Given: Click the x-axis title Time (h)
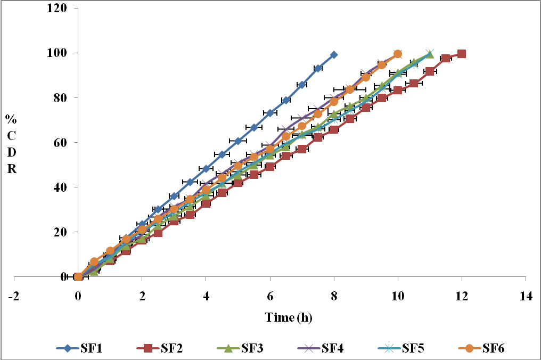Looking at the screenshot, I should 289,318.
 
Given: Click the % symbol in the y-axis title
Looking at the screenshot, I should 10,118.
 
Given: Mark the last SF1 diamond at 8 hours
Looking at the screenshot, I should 334,55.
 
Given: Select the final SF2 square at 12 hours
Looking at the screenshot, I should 462,54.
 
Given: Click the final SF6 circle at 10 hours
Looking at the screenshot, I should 398,54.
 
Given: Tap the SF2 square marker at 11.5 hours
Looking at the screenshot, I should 446,59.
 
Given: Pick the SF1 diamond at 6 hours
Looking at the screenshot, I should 270,113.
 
